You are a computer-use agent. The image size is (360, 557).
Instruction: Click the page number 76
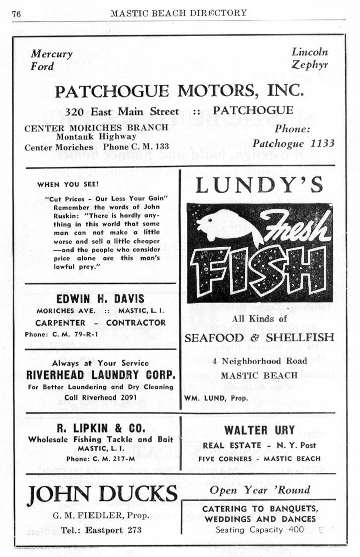pos(16,13)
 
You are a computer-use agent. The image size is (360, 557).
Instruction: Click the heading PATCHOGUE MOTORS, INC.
pos(179,91)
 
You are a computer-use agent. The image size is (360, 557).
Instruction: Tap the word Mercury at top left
pos(51,54)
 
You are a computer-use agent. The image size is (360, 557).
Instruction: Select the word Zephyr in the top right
pos(310,65)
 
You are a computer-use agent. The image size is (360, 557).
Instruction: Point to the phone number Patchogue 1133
pos(294,143)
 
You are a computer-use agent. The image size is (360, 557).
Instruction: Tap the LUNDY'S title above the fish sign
pos(259,185)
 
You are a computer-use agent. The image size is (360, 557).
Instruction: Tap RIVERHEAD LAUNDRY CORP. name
pos(101,375)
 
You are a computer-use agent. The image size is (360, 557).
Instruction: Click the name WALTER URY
pos(259,431)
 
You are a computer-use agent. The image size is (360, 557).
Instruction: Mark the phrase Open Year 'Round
pos(259,490)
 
